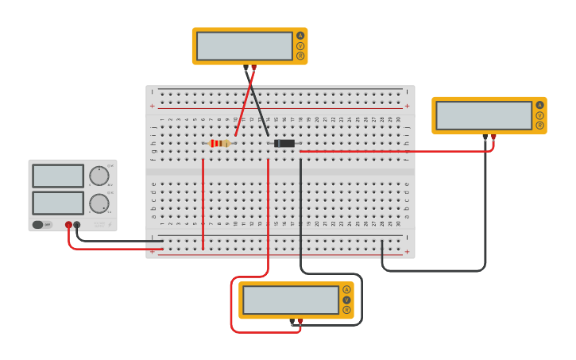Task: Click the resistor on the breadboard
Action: point(219,143)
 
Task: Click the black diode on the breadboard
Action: point(284,143)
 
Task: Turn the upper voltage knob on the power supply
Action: point(99,176)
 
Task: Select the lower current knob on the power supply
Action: point(99,203)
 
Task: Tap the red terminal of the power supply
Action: point(68,225)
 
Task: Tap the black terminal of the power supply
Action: point(77,225)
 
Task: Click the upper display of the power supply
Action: point(58,176)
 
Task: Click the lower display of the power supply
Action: point(58,203)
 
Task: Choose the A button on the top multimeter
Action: point(300,36)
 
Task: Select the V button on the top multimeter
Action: point(300,46)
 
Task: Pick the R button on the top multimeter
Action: point(300,56)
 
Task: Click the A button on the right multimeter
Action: point(540,105)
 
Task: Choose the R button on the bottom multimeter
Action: point(346,309)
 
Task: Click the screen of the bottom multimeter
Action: point(291,300)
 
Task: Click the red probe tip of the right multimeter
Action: point(493,137)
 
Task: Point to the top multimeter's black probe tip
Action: point(245,68)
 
